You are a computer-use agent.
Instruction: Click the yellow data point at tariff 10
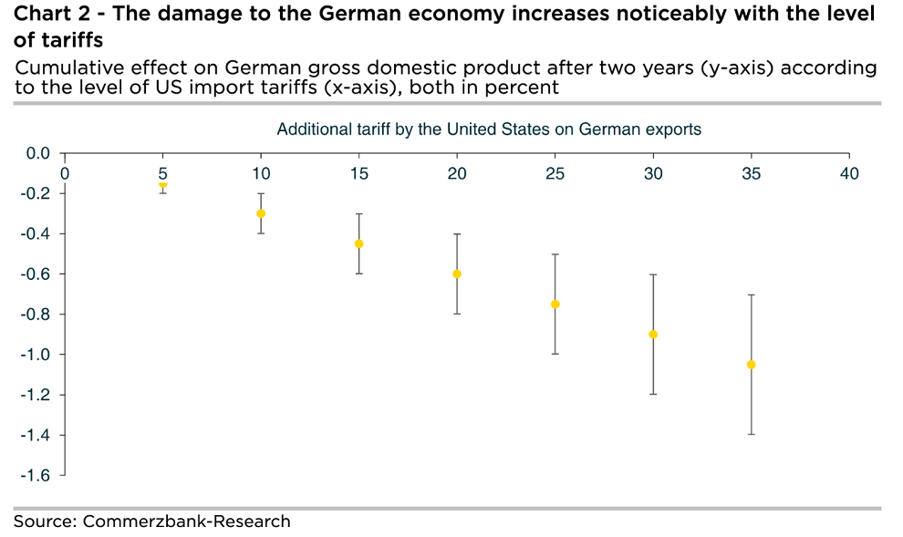261,213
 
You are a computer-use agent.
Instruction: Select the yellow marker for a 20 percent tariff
457,274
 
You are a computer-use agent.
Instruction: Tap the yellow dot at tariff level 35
752,365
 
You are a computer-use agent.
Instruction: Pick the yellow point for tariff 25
555,304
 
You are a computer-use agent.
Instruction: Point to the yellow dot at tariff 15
358,243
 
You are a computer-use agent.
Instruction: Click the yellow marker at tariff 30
653,334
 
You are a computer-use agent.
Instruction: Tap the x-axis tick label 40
849,173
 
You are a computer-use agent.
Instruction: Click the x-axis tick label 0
64,173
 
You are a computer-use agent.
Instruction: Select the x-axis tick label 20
457,173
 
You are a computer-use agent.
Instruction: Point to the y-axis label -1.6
36,475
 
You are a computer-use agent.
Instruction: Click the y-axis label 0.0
38,153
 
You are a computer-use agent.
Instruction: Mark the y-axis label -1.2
36,395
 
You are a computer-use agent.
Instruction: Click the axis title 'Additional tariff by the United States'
489,129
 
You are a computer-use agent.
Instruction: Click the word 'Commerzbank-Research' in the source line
186,522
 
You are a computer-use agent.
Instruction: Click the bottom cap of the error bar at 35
752,434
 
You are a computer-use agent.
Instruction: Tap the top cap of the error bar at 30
653,274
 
